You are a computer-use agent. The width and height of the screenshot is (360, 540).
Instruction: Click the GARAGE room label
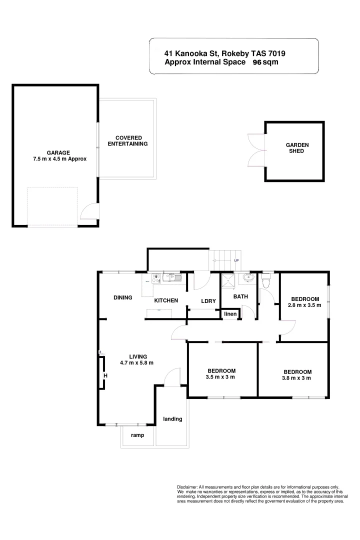tap(58, 152)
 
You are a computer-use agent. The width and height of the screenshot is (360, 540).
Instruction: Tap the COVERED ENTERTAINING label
tap(128, 140)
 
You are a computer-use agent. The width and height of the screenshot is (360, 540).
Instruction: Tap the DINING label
tap(122, 297)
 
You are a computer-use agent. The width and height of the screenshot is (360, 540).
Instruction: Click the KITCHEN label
tap(166, 300)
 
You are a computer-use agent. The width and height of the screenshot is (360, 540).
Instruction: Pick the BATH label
tap(241, 296)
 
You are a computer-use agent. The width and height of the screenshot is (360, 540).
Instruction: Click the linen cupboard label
tap(230, 314)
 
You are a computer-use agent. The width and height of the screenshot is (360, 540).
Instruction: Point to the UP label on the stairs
tap(236, 260)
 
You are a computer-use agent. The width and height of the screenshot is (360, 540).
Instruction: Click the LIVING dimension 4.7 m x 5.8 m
tap(137, 362)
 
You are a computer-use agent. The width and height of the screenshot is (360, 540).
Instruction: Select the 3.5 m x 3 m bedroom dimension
tap(220, 377)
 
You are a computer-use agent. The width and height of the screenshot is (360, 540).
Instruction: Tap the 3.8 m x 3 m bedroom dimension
tap(297, 378)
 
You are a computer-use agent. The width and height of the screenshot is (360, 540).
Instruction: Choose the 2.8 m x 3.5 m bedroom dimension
tap(304, 304)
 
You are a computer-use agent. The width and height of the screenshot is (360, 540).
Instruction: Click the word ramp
tap(137, 435)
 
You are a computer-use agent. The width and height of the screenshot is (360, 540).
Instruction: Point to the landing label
tap(172, 419)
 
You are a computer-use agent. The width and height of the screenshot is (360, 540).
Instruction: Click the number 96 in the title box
tap(257, 62)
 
